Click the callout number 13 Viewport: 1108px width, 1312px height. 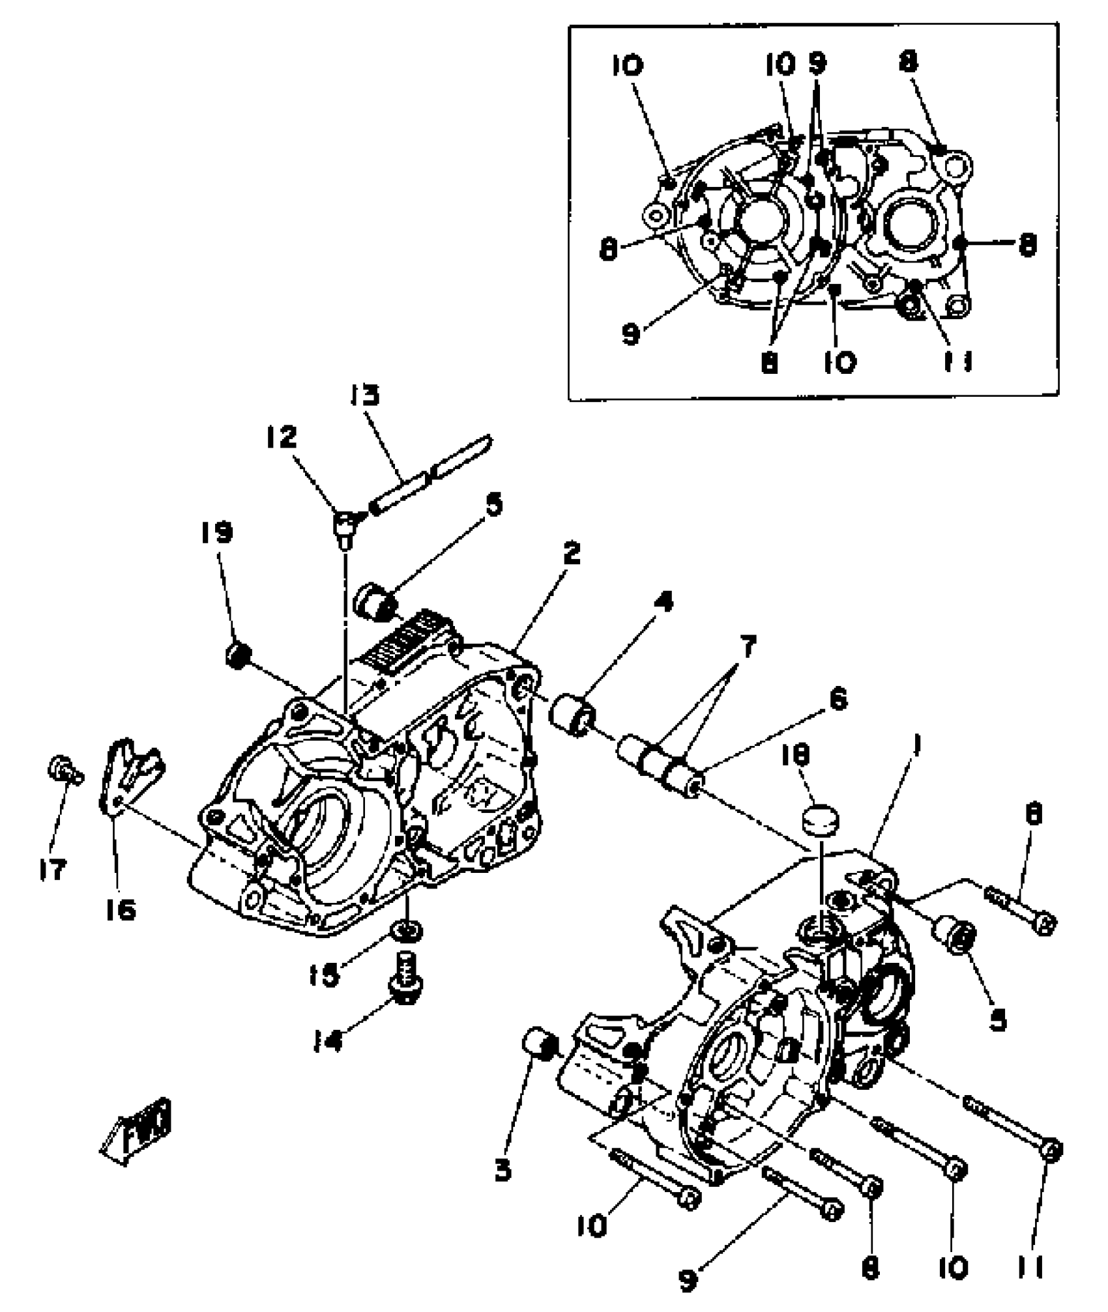click(365, 396)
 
